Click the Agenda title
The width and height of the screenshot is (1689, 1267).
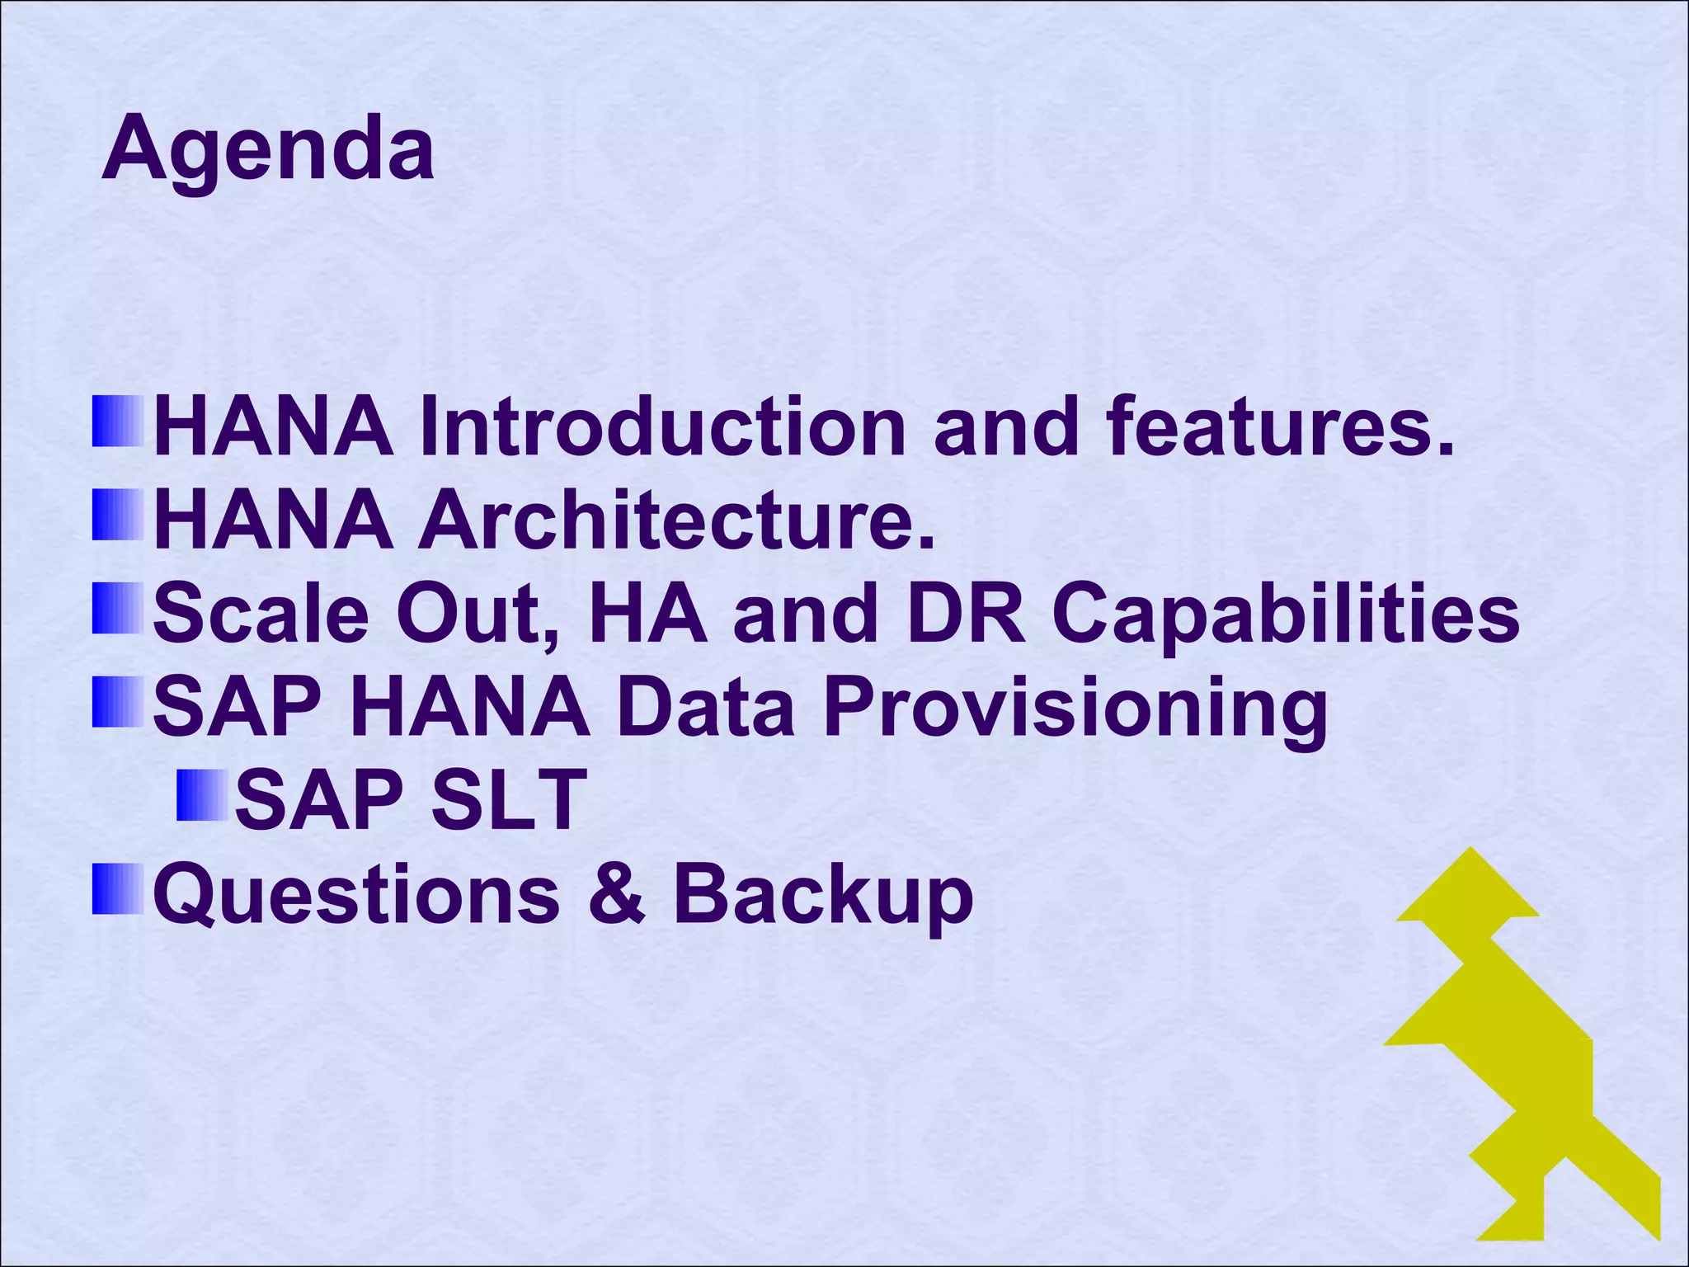pyautogui.click(x=267, y=151)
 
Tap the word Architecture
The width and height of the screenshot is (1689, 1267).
pyautogui.click(x=676, y=520)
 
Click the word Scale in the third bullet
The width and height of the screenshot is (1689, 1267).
pyautogui.click(x=261, y=615)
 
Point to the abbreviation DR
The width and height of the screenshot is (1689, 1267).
pyautogui.click(x=966, y=615)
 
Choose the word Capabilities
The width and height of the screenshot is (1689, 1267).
pyautogui.click(x=1286, y=615)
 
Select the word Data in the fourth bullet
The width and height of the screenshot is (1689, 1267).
pyautogui.click(x=705, y=708)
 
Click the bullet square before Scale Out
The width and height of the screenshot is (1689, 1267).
pyautogui.click(x=118, y=609)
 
